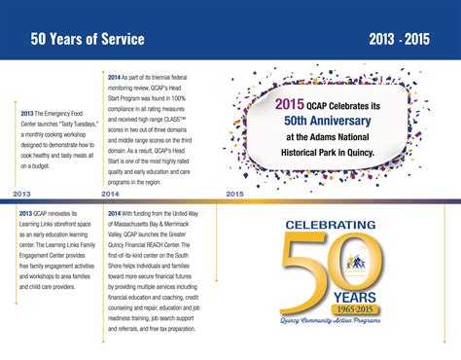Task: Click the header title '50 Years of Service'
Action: [88, 39]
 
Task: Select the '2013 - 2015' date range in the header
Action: [400, 39]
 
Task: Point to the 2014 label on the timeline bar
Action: [121, 195]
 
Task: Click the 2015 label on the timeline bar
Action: [234, 195]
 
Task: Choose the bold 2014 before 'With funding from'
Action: [115, 212]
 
